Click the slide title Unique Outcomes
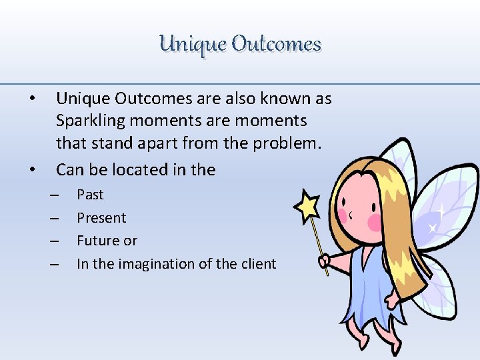[x=240, y=44]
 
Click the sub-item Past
[x=90, y=195]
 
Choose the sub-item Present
[x=101, y=218]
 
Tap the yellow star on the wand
[x=307, y=206]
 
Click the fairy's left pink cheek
[x=344, y=215]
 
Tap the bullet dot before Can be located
[x=33, y=170]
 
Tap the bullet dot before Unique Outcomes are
[x=33, y=99]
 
